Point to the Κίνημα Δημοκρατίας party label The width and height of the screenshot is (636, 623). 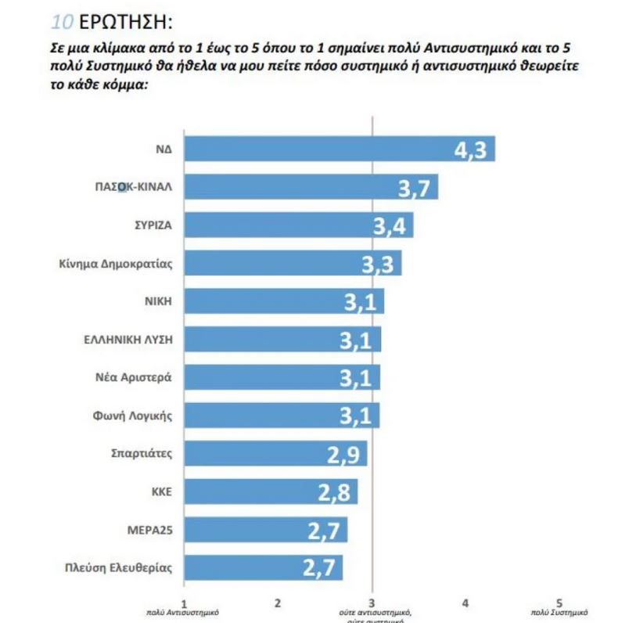tap(115, 263)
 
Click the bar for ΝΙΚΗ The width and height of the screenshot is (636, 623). tap(283, 301)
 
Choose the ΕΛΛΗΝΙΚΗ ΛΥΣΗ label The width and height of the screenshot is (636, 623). tap(128, 338)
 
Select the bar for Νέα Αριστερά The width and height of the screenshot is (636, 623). tap(282, 377)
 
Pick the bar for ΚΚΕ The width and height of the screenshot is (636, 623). tap(270, 492)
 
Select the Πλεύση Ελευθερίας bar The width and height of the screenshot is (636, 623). tap(263, 567)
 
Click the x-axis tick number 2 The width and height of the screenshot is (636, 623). tap(278, 602)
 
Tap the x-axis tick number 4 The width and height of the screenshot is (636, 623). tap(465, 602)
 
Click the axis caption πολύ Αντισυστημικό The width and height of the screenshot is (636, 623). tap(183, 613)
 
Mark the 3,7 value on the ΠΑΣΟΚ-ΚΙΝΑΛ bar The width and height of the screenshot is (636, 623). tap(415, 189)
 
